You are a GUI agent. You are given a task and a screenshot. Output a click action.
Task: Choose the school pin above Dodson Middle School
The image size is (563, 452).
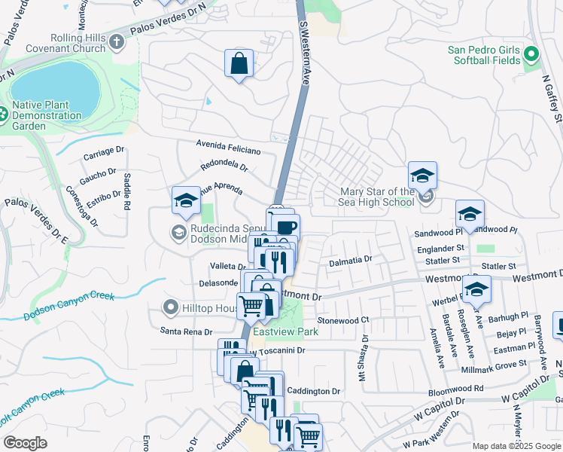[186, 201]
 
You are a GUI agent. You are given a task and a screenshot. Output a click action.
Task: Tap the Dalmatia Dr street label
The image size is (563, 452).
[350, 260]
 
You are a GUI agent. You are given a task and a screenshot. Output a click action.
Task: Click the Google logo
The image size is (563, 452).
[26, 443]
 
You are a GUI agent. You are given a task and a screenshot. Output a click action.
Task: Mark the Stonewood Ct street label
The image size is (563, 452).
[343, 320]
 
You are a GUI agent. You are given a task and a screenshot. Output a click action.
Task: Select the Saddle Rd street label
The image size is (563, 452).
[127, 191]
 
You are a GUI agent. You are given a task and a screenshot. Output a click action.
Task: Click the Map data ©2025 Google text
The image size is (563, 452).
[516, 446]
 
